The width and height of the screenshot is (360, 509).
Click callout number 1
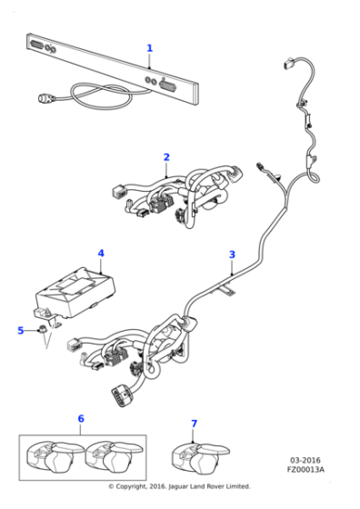(x=150, y=48)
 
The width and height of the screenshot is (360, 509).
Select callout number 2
(x=166, y=157)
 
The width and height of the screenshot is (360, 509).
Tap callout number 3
(x=232, y=254)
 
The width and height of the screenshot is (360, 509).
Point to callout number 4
(x=101, y=254)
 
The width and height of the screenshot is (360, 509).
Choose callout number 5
(x=21, y=330)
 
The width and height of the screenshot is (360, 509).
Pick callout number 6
(x=81, y=419)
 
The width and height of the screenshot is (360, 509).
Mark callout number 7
(x=193, y=424)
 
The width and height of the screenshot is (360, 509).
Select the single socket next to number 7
(x=201, y=454)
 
